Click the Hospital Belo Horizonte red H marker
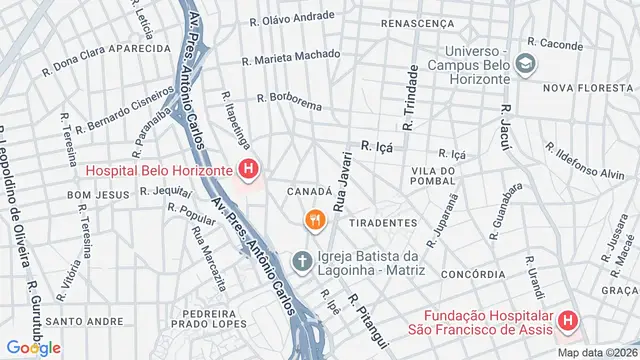[x=249, y=171]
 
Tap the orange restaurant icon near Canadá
[x=314, y=219]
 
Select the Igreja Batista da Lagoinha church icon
[x=301, y=262]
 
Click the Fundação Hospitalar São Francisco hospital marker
[x=567, y=321]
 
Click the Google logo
[x=32, y=347]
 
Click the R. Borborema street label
[x=290, y=99]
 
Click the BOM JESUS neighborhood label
[x=92, y=193]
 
